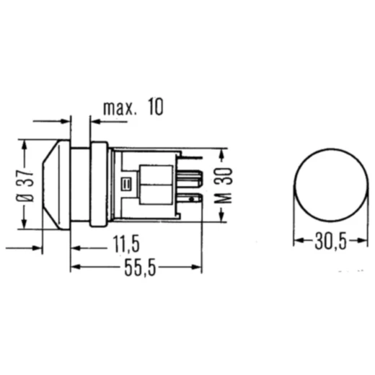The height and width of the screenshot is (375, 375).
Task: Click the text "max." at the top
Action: [119, 108]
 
